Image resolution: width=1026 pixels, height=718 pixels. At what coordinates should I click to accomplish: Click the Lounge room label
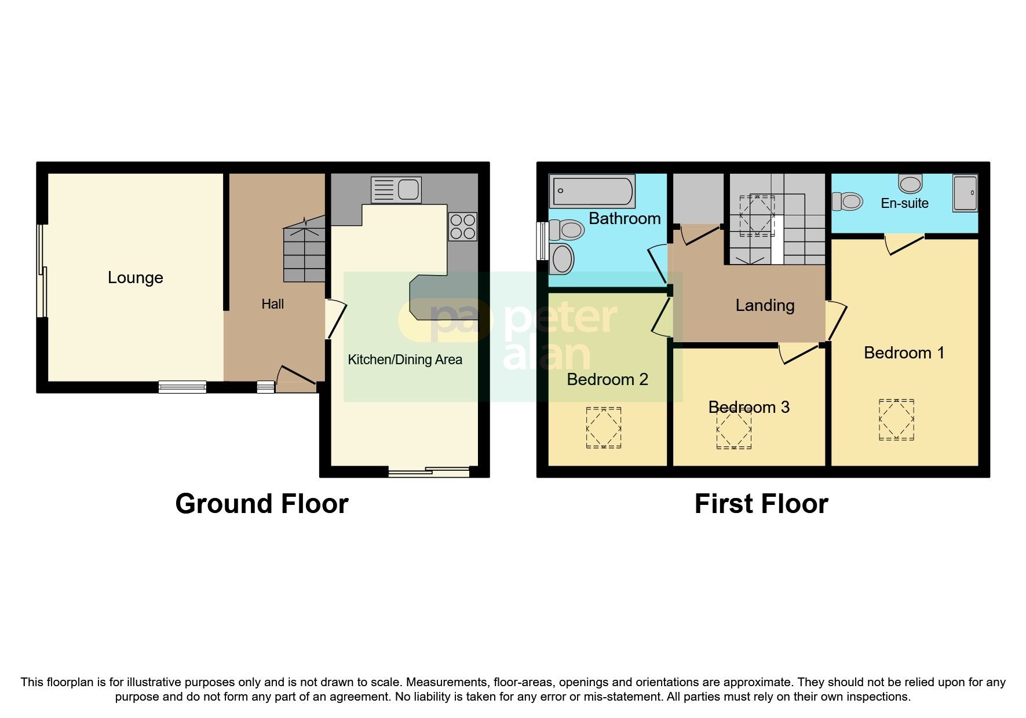tap(135, 278)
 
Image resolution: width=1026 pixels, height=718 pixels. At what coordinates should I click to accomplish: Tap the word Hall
tap(272, 304)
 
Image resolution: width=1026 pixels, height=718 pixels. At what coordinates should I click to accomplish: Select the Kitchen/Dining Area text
tap(404, 360)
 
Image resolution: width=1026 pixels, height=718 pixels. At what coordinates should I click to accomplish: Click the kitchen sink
tap(396, 189)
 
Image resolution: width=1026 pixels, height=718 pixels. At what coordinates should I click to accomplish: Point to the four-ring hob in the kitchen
tap(462, 226)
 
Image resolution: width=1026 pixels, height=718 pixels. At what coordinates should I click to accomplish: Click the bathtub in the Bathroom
tap(592, 192)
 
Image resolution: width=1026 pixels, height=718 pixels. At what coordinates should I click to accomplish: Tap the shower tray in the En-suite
tap(965, 193)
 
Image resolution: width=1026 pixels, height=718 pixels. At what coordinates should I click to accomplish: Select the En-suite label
tap(904, 203)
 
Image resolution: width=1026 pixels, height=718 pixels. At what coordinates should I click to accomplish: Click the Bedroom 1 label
tap(904, 353)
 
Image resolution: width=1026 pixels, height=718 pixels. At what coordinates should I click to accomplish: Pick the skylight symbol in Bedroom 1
tap(896, 419)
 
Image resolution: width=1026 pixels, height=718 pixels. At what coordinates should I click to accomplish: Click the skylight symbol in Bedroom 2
tap(604, 427)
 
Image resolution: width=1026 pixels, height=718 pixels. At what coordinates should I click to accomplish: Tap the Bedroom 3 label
tap(748, 407)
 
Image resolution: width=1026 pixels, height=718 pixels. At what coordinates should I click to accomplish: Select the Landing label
tap(765, 305)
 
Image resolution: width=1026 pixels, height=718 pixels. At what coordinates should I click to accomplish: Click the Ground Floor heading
tap(262, 504)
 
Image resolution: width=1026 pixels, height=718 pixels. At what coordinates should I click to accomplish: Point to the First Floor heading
tap(761, 504)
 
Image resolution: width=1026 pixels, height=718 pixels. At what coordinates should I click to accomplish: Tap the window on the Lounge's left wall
tap(41, 270)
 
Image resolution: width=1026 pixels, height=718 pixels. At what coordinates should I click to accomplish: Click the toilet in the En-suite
tap(847, 202)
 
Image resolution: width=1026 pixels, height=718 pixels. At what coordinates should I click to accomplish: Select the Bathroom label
tap(625, 218)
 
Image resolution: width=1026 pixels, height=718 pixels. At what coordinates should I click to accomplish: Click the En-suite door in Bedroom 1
tap(904, 243)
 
